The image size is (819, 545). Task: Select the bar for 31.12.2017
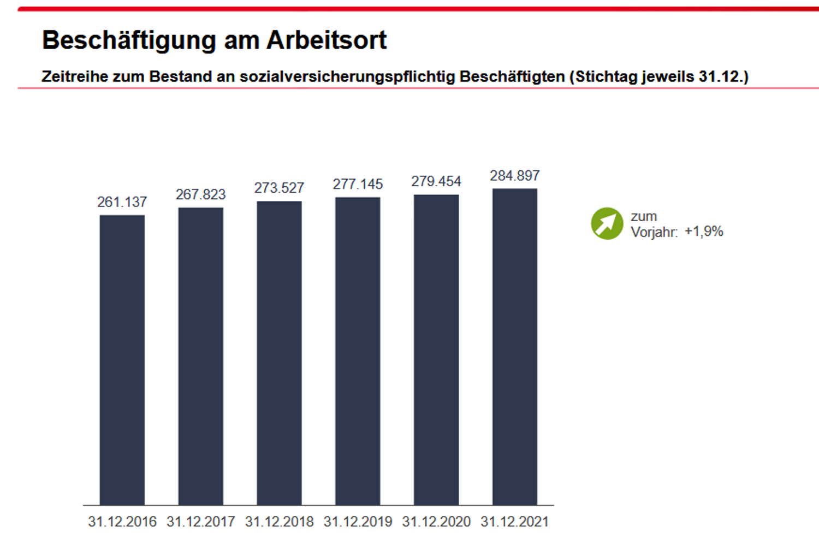(200, 356)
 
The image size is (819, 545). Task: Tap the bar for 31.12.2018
(279, 353)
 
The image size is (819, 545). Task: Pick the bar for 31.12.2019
(358, 351)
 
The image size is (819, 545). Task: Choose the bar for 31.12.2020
(436, 349)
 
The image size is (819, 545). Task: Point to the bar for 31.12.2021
(514, 346)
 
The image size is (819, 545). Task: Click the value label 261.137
(122, 202)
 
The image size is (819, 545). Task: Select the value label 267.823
(200, 194)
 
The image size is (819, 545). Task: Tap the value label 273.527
(279, 188)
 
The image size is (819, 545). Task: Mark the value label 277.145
(358, 185)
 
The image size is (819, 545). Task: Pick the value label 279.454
(436, 181)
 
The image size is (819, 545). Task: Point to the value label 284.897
(514, 176)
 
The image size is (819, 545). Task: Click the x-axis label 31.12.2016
(122, 522)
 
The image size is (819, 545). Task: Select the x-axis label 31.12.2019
(358, 522)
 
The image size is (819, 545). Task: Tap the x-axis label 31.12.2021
(514, 522)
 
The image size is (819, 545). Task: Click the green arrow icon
(607, 224)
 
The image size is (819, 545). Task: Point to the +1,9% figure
(704, 232)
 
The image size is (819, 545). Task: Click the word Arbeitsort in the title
(327, 40)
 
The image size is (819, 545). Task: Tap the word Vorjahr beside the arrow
(654, 233)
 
